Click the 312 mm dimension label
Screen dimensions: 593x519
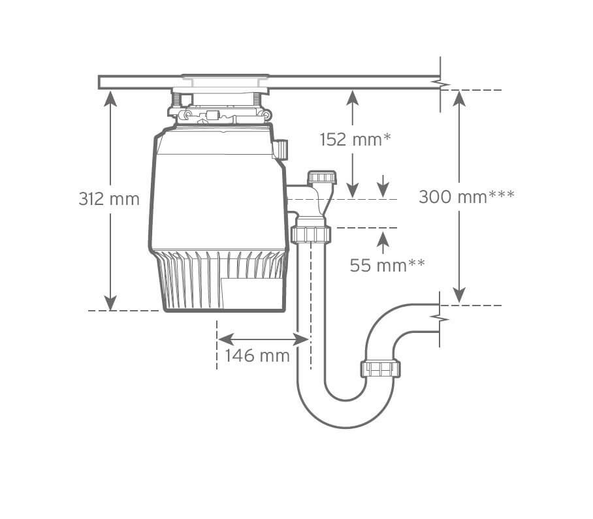tap(109, 199)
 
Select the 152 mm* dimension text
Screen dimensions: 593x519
tap(355, 140)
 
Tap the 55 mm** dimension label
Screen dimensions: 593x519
tap(387, 265)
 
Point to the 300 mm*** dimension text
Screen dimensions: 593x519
tap(466, 197)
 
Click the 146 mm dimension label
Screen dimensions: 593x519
tap(257, 355)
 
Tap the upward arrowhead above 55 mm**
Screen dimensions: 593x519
tap(383, 239)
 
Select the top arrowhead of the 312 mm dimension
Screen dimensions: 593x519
tap(110, 99)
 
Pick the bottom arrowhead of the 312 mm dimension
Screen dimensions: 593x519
tap(110, 302)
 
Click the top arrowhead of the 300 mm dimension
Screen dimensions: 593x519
tap(459, 99)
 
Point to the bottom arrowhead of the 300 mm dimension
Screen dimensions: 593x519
tap(459, 295)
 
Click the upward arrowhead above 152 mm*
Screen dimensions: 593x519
tap(353, 99)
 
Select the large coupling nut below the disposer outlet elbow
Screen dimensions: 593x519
tap(311, 234)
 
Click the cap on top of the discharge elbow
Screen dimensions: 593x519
tap(322, 177)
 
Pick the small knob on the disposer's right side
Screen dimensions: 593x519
tap(281, 149)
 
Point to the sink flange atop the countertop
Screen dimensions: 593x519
tap(225, 76)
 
